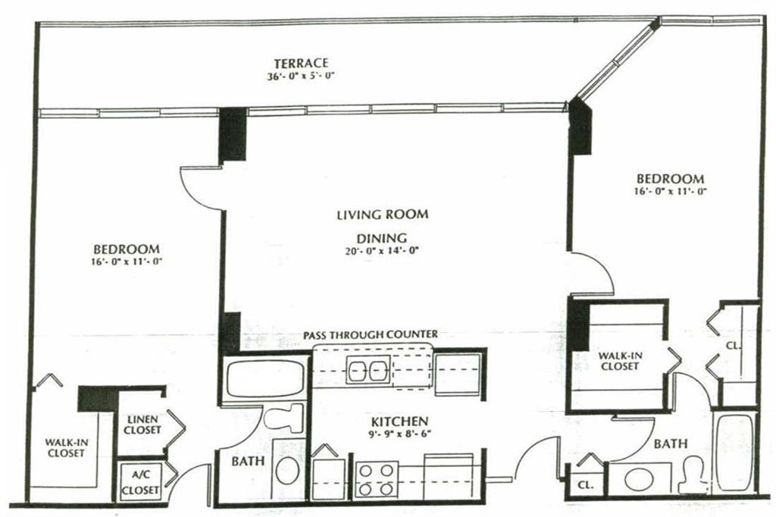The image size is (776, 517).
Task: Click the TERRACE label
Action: pyautogui.click(x=302, y=64)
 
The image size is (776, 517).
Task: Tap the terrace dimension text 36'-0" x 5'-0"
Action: pyautogui.click(x=302, y=77)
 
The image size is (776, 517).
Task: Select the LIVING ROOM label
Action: pyautogui.click(x=383, y=215)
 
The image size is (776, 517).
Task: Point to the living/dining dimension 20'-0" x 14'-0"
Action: pyautogui.click(x=382, y=251)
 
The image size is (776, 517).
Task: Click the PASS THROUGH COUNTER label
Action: pyautogui.click(x=371, y=335)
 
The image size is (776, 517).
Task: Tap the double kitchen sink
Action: pyautogui.click(x=368, y=369)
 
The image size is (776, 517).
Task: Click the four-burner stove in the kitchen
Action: pyautogui.click(x=376, y=479)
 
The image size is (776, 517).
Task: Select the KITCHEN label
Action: pyautogui.click(x=400, y=421)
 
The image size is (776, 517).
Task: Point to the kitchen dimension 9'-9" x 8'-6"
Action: pyautogui.click(x=400, y=434)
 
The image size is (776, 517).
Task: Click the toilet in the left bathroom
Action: pyautogui.click(x=283, y=418)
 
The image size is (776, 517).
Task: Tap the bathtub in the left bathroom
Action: pyautogui.click(x=265, y=378)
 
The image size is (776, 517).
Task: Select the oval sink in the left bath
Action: pyautogui.click(x=287, y=471)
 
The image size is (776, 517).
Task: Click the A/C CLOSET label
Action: pyautogui.click(x=140, y=482)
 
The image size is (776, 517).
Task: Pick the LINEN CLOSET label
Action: pyautogui.click(x=142, y=425)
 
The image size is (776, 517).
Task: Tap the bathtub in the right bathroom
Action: pyautogui.click(x=735, y=453)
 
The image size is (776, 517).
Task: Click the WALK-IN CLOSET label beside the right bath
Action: pyautogui.click(x=620, y=361)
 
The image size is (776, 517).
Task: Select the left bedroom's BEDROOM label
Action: pyautogui.click(x=127, y=249)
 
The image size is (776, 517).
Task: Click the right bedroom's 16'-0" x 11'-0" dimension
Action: pyautogui.click(x=670, y=191)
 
